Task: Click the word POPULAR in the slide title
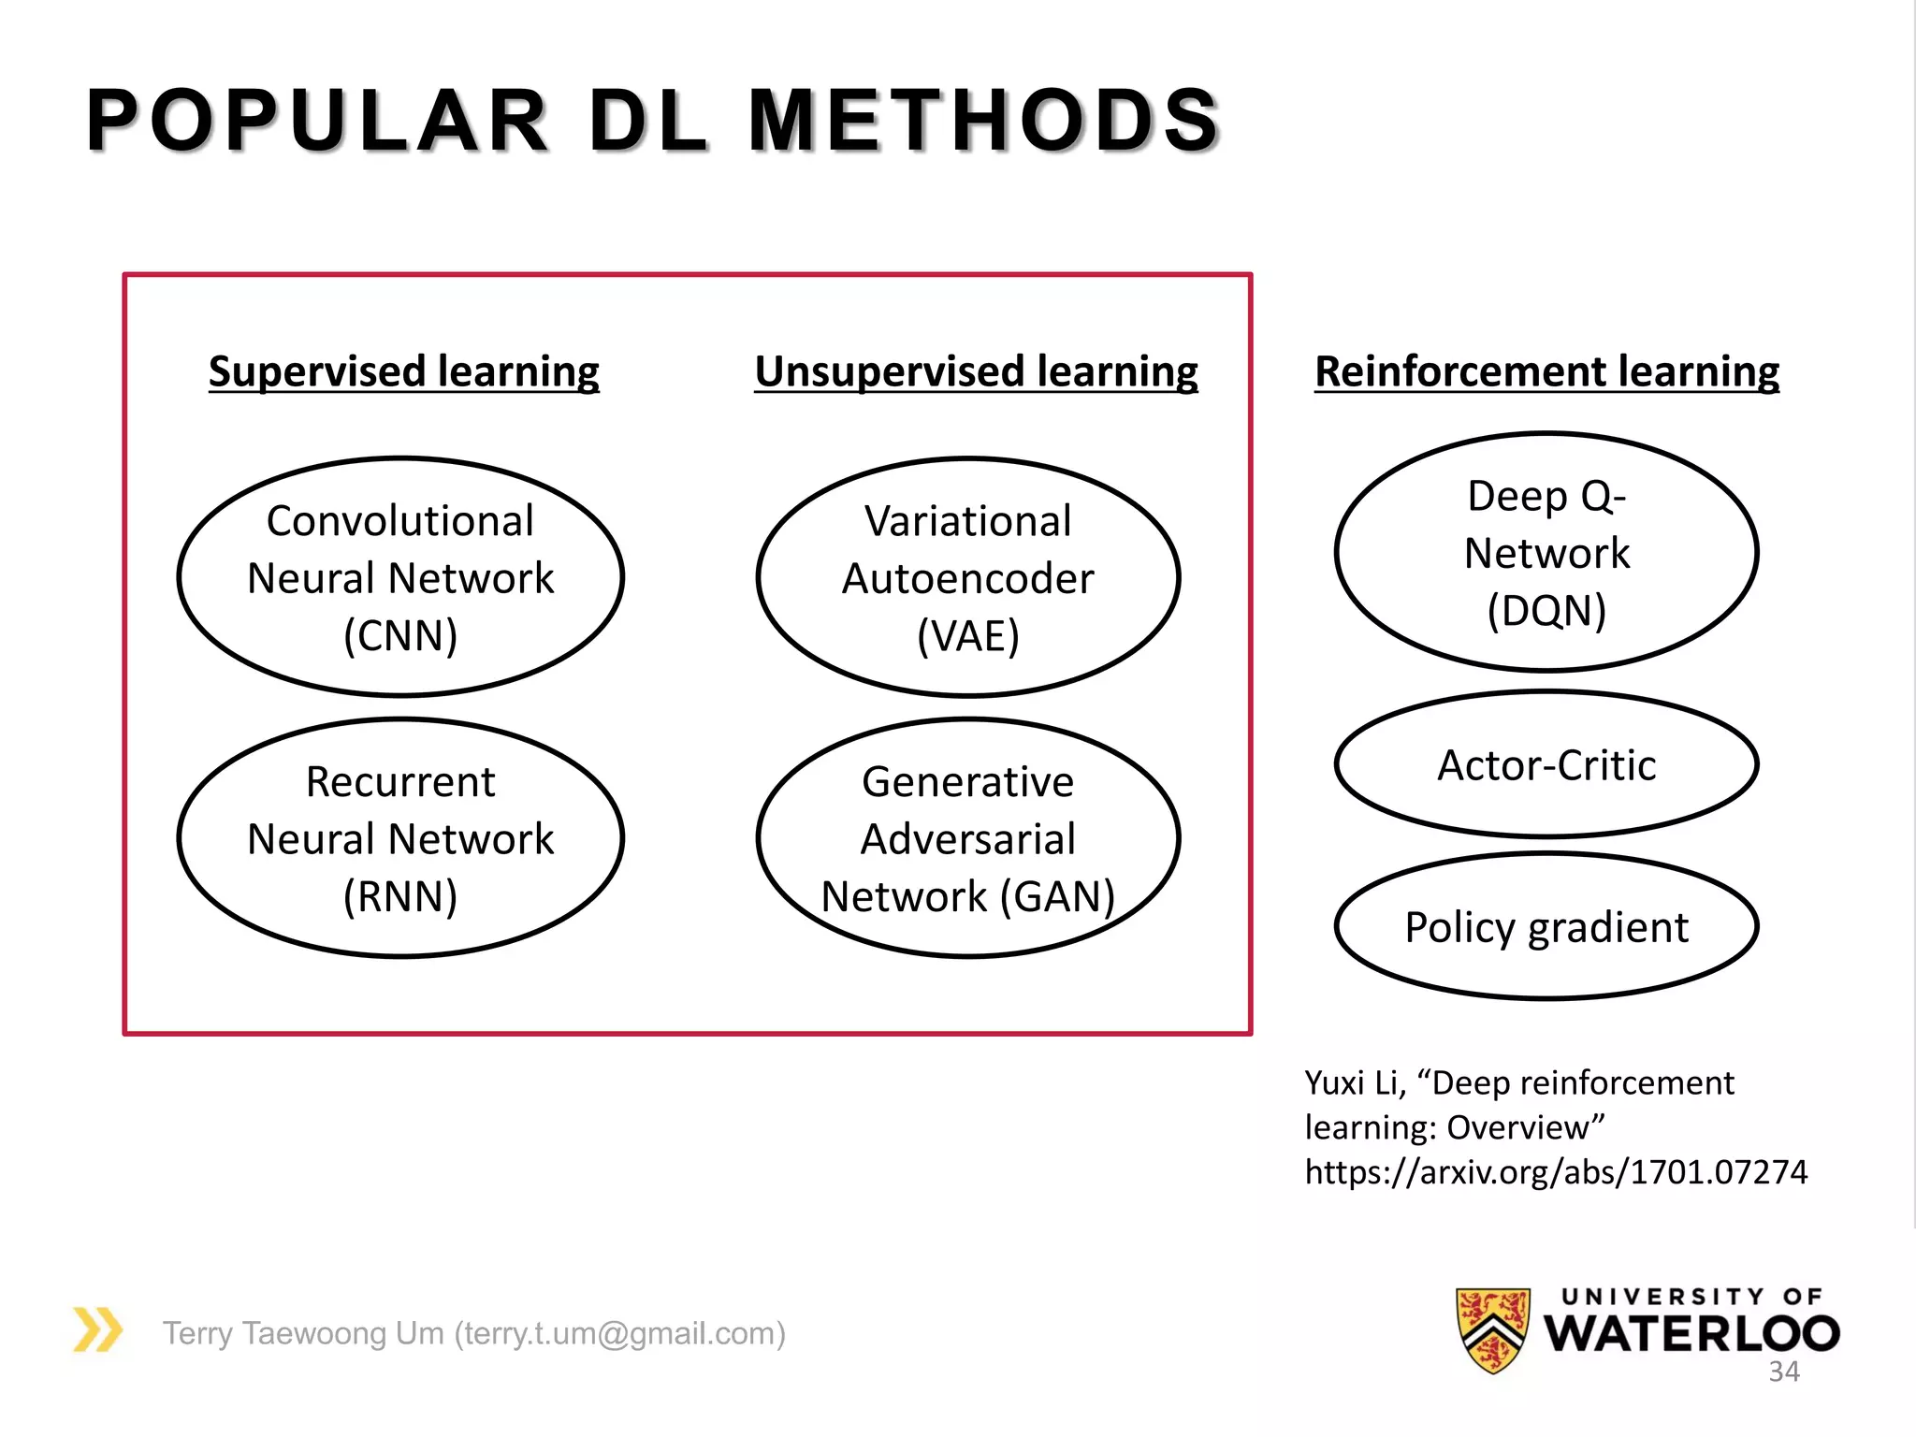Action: (317, 121)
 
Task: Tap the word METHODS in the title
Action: (984, 121)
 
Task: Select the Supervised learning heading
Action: (403, 371)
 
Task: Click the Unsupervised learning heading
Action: (976, 371)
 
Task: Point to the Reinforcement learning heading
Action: (1546, 371)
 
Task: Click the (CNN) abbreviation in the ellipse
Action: (400, 636)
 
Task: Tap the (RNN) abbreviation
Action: (400, 896)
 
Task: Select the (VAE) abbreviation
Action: (968, 636)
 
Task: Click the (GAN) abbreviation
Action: (1057, 896)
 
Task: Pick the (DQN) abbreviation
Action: (1546, 611)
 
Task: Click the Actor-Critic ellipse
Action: (1546, 764)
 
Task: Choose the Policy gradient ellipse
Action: (1546, 927)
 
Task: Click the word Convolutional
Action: (400, 521)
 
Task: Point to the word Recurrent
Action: (400, 781)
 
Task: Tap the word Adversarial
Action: (968, 839)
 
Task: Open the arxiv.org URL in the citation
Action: (1556, 1171)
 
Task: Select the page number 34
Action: (1783, 1372)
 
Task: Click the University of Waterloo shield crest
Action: (1493, 1329)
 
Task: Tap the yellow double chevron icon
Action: (98, 1329)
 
